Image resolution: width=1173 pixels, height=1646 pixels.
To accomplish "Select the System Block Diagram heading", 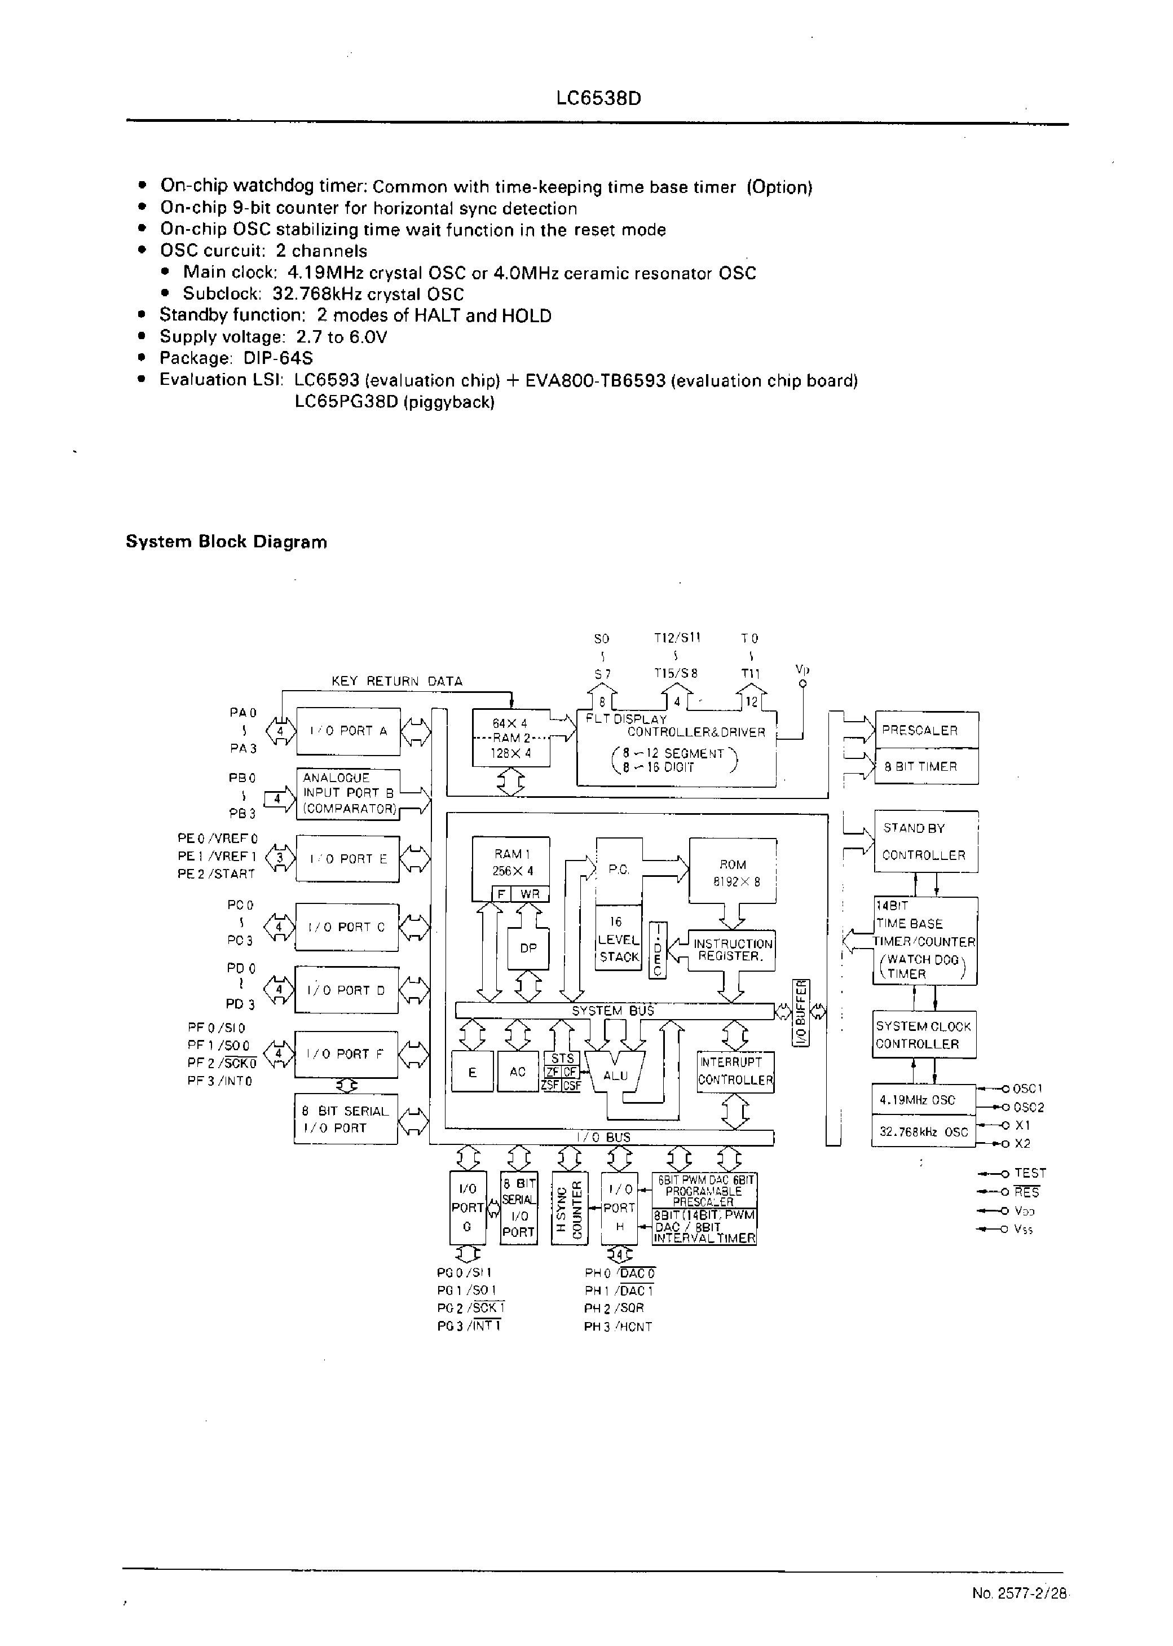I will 226,542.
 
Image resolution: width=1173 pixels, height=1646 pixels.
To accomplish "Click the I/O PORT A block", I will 347,731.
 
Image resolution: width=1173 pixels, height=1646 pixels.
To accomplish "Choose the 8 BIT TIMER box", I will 926,767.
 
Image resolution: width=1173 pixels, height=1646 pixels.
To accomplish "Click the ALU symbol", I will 615,1075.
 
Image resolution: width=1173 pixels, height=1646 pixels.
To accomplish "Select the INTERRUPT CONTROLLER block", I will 735,1071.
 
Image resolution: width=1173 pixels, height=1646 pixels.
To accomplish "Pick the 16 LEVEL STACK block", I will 618,940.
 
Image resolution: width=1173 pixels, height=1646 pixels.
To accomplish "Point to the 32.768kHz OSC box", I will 923,1133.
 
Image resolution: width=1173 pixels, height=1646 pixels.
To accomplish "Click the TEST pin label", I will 1029,1174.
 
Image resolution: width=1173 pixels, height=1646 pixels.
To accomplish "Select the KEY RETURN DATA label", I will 396,681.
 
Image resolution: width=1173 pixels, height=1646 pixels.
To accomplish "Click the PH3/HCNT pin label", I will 618,1327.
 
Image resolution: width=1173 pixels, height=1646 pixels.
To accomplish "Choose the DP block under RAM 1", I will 528,948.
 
